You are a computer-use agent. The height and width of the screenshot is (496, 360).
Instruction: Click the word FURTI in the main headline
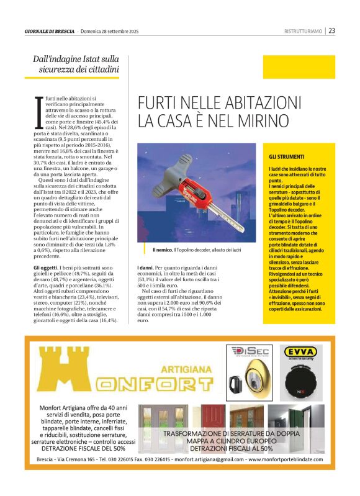pos(156,102)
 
